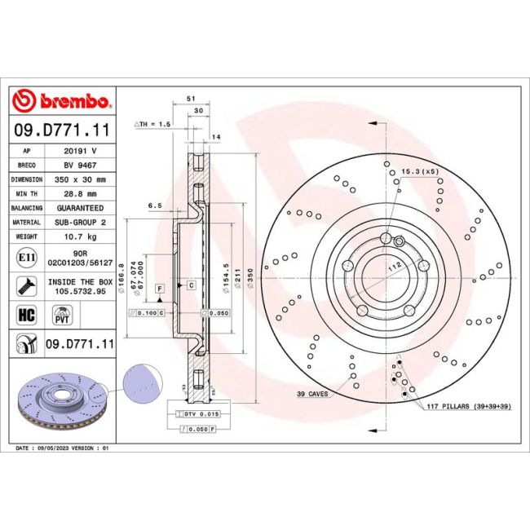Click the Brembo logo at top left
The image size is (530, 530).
[x=62, y=101]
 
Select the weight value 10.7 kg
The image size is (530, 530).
[x=80, y=236]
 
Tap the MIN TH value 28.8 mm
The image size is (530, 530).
[x=80, y=193]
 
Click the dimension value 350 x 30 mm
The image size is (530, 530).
[x=80, y=179]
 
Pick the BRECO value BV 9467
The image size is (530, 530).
[x=80, y=165]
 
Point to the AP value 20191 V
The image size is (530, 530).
[x=80, y=151]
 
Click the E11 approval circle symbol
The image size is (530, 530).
[x=24, y=258]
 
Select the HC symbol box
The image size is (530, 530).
[x=24, y=313]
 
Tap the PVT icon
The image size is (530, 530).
[x=60, y=313]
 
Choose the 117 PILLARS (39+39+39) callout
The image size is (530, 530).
[x=467, y=406]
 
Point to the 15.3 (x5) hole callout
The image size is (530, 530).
[x=420, y=171]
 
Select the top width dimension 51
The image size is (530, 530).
[x=191, y=99]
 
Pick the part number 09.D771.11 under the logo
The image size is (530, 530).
[x=62, y=130]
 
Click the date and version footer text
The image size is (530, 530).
[x=62, y=448]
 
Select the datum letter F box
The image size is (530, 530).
[x=160, y=289]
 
